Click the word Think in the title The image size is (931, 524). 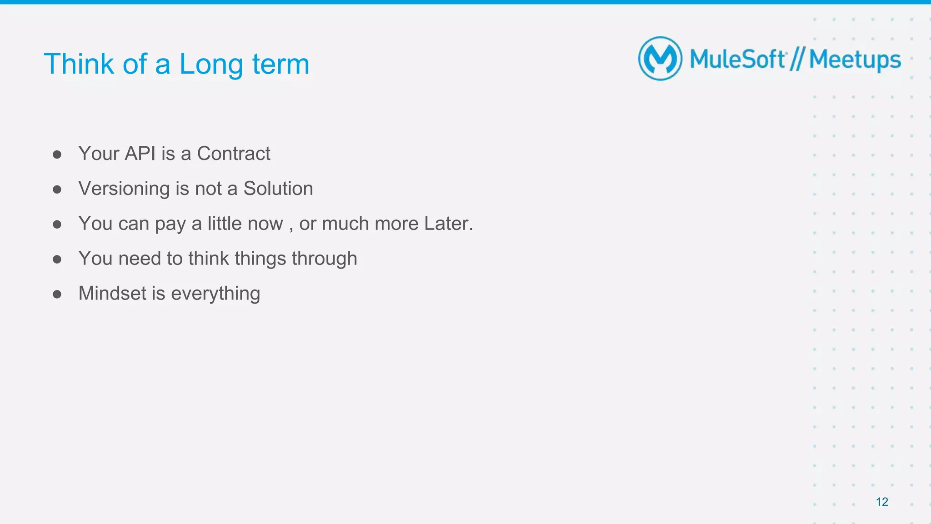(x=78, y=64)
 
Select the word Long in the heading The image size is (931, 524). (x=211, y=65)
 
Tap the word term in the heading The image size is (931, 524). (x=280, y=65)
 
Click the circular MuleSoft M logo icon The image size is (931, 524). (x=660, y=59)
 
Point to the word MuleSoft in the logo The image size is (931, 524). (x=737, y=60)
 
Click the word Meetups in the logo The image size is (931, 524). (x=855, y=60)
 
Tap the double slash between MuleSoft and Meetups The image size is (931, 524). (x=797, y=60)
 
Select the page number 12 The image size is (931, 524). (x=881, y=502)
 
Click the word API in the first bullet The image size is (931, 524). (x=140, y=154)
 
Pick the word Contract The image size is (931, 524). (x=233, y=154)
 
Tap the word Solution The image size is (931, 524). (x=278, y=189)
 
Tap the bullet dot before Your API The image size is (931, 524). (x=57, y=155)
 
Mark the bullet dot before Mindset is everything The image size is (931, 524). (x=57, y=294)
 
